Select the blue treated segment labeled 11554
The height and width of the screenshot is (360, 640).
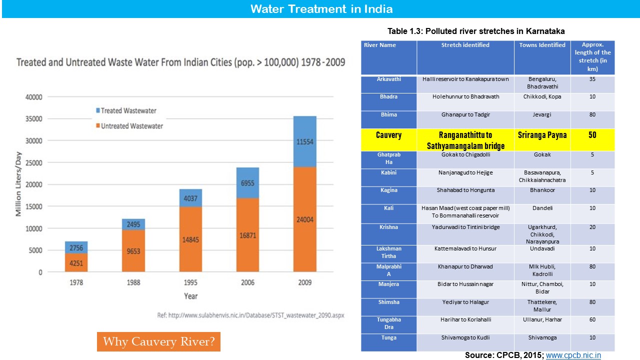coord(304,141)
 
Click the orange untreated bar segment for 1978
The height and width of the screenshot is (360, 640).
coord(76,262)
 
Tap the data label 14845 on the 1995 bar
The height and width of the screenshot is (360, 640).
coord(190,239)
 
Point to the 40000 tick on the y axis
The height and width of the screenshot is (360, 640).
coord(34,97)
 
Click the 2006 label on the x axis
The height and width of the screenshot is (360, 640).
coord(248,282)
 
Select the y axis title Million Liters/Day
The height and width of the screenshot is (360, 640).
coord(18,184)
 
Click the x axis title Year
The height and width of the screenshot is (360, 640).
coord(190,296)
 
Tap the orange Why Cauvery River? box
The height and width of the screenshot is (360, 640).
coord(158,342)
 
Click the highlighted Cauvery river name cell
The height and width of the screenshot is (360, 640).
coord(388,135)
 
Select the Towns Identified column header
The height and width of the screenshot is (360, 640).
coord(542,45)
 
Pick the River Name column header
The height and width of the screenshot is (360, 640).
coord(380,45)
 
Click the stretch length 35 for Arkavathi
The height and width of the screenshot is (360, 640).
coord(592,79)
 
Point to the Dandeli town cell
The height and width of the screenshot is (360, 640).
coord(542,208)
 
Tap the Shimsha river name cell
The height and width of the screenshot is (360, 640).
coord(388,302)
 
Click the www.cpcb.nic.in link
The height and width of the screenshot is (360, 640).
coord(573,355)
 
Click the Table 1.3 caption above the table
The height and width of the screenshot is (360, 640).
coord(476,31)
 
